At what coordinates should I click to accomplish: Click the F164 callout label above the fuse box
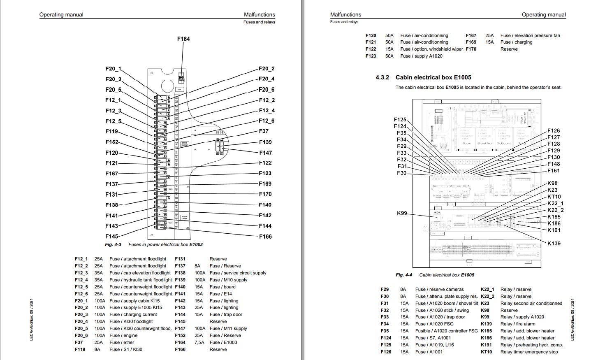pyautogui.click(x=183, y=39)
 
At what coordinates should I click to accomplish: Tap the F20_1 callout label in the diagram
pyautogui.click(x=113, y=69)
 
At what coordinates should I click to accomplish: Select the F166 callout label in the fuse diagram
pyautogui.click(x=265, y=237)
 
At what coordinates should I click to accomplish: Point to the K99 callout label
pyautogui.click(x=402, y=213)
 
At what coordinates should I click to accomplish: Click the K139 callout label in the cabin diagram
pyautogui.click(x=554, y=244)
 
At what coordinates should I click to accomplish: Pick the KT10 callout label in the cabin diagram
pyautogui.click(x=554, y=197)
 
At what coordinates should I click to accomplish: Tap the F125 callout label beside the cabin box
pyautogui.click(x=400, y=120)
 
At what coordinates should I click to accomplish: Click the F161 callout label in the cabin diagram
pyautogui.click(x=553, y=171)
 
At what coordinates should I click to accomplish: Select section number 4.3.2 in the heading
pyautogui.click(x=382, y=77)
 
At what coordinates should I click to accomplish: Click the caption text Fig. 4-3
pyautogui.click(x=113, y=244)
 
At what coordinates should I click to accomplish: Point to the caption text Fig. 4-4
pyautogui.click(x=404, y=275)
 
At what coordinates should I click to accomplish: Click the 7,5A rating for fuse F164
pyautogui.click(x=199, y=342)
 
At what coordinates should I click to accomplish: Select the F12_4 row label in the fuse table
pyautogui.click(x=81, y=280)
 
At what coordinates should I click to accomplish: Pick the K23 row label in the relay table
pyautogui.click(x=485, y=303)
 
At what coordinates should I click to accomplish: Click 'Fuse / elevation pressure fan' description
pyautogui.click(x=530, y=35)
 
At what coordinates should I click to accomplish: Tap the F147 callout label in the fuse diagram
pyautogui.click(x=265, y=153)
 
